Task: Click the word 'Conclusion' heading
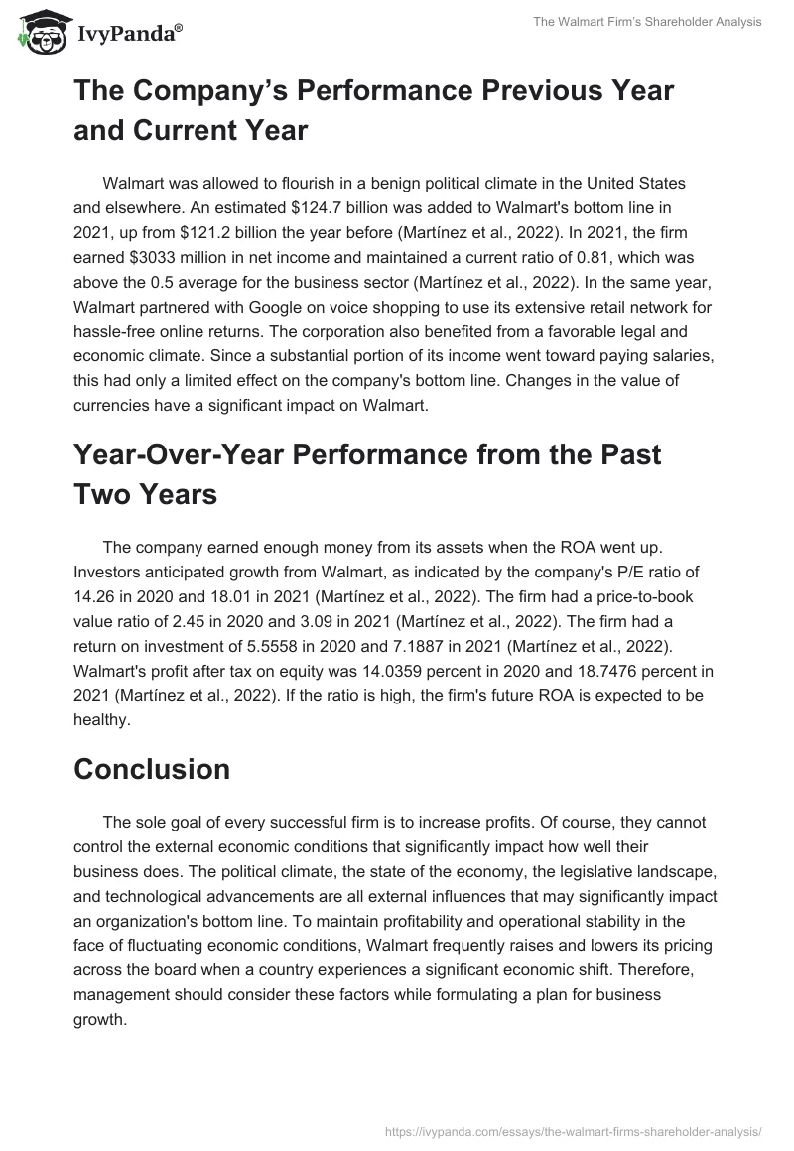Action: click(152, 768)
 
